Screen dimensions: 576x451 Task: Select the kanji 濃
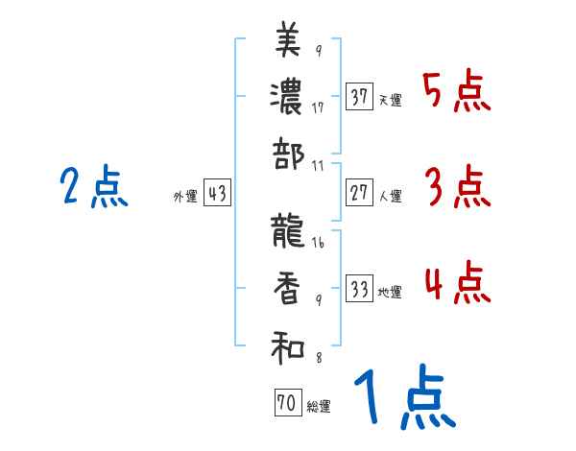pos(288,96)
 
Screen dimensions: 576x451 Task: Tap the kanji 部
pos(288,153)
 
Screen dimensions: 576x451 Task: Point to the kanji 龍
pos(288,233)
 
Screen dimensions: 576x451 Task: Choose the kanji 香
pos(288,289)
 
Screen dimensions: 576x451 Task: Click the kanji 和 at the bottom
pos(288,345)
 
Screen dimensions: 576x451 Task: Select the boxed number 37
pos(360,97)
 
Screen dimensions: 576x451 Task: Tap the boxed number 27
pos(360,192)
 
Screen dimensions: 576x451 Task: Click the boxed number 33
pos(360,289)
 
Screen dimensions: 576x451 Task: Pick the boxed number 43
pos(217,194)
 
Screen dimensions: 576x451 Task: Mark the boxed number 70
pos(286,404)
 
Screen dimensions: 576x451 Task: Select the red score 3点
pos(457,187)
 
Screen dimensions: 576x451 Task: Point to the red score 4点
pos(457,283)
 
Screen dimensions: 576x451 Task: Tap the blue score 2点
pos(94,187)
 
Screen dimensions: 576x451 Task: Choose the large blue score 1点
pos(403,400)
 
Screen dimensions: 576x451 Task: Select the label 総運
pos(319,407)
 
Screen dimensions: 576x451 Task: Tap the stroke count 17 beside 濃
pos(318,107)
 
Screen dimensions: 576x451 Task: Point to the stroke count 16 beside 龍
pos(318,245)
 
